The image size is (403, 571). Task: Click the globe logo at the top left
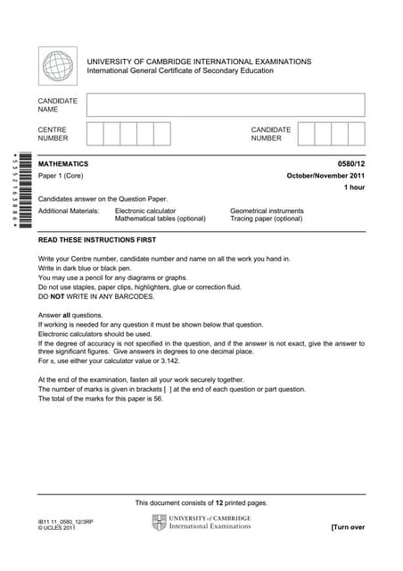click(58, 66)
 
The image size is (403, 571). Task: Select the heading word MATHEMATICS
click(63, 164)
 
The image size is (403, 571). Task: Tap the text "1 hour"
click(354, 187)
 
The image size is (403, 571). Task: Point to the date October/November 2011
click(325, 176)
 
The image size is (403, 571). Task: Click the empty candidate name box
click(226, 105)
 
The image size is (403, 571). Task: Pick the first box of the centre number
click(95, 134)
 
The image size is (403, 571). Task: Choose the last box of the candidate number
click(356, 134)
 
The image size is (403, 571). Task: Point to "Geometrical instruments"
click(267, 211)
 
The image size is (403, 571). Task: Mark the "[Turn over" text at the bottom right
click(347, 527)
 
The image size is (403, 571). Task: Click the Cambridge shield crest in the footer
click(159, 522)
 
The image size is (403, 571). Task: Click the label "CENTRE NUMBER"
click(53, 134)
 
